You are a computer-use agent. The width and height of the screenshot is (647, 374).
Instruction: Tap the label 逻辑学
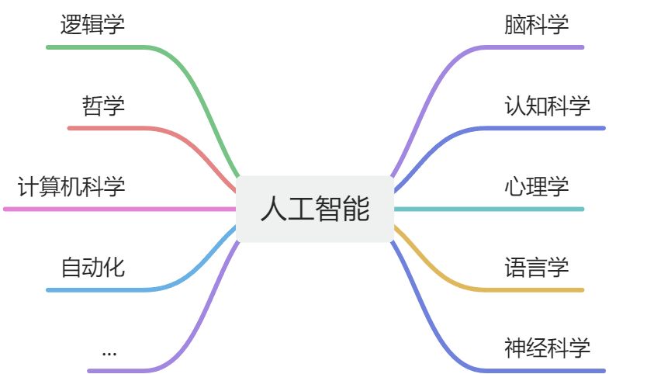pyautogui.click(x=92, y=25)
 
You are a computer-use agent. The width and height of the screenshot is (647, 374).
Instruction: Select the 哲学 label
pyautogui.click(x=103, y=106)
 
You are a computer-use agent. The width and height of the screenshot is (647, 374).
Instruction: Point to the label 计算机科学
pyautogui.click(x=71, y=187)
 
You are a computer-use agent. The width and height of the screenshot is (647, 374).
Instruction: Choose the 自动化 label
pyautogui.click(x=92, y=268)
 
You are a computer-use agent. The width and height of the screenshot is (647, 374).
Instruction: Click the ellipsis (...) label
pyautogui.click(x=109, y=351)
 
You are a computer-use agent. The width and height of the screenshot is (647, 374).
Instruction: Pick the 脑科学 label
pyautogui.click(x=536, y=25)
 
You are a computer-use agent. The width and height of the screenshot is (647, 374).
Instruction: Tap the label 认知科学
pyautogui.click(x=547, y=106)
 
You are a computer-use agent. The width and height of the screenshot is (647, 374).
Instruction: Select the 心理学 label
pyautogui.click(x=536, y=187)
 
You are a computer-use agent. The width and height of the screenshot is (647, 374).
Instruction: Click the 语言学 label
pyautogui.click(x=536, y=268)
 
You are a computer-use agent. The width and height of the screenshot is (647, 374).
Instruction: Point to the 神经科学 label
pyautogui.click(x=547, y=348)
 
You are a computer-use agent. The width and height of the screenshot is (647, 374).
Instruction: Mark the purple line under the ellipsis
pyautogui.click(x=124, y=371)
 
